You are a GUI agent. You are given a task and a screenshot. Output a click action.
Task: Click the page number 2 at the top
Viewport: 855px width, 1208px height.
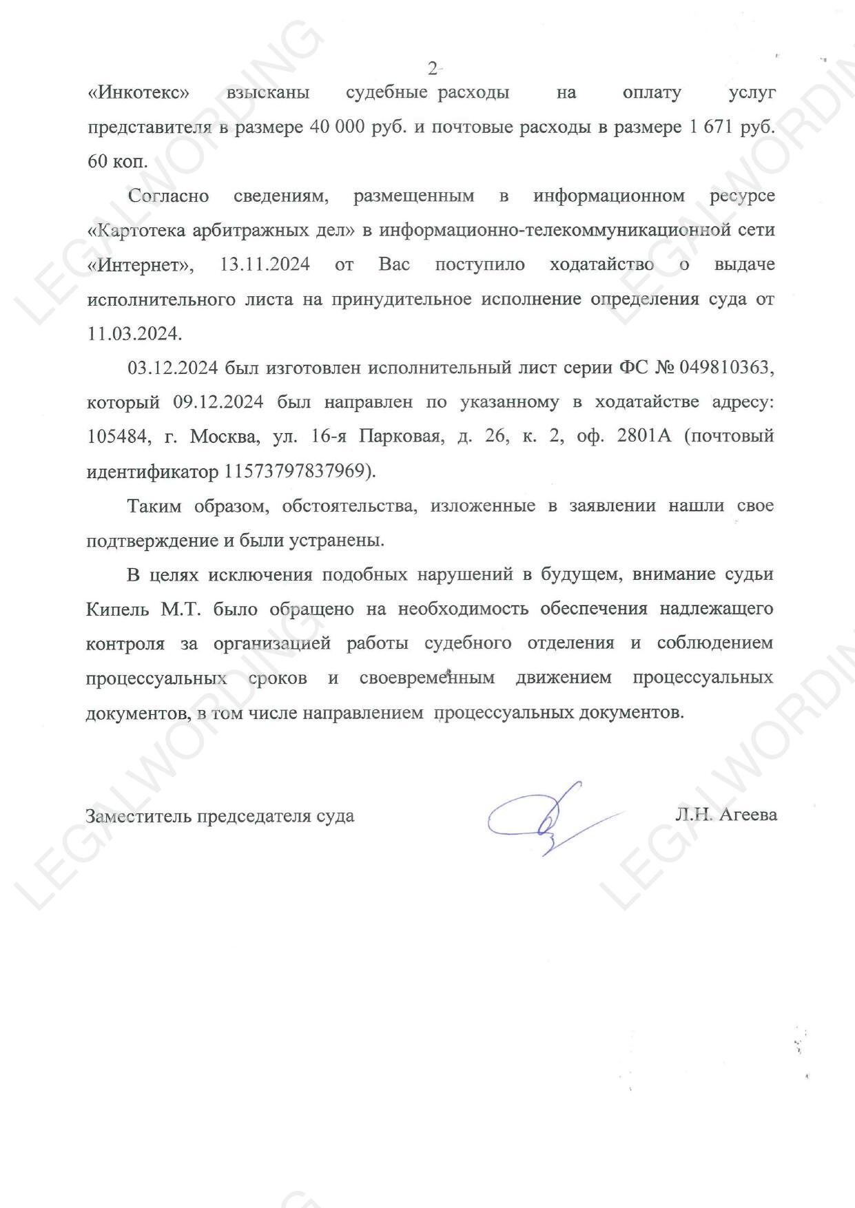pyautogui.click(x=433, y=68)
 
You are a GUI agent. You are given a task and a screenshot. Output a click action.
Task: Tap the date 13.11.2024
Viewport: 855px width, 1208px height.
pyautogui.click(x=265, y=264)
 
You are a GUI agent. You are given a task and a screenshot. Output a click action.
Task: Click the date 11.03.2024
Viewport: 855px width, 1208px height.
pyautogui.click(x=134, y=334)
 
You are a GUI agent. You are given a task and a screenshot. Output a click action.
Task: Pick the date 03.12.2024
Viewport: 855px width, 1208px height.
pyautogui.click(x=173, y=368)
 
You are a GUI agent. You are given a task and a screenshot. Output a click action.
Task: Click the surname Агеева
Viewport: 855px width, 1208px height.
pyautogui.click(x=748, y=815)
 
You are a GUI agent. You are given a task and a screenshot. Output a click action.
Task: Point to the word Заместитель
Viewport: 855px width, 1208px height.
pyautogui.click(x=138, y=816)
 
